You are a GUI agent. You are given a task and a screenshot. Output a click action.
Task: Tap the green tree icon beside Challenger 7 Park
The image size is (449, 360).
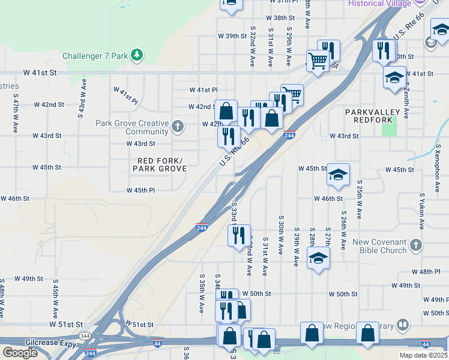point(137,55)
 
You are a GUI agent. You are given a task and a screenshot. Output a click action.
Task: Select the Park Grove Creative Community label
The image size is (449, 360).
point(131,127)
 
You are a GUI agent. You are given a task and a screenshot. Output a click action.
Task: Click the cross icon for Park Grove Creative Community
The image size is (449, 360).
point(177,127)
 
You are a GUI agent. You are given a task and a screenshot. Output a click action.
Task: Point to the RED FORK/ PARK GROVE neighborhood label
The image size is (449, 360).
point(160,164)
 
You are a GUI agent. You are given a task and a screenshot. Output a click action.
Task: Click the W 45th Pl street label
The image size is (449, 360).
point(141,190)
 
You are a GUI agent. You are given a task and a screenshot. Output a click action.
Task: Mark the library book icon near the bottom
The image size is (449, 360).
point(403,326)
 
